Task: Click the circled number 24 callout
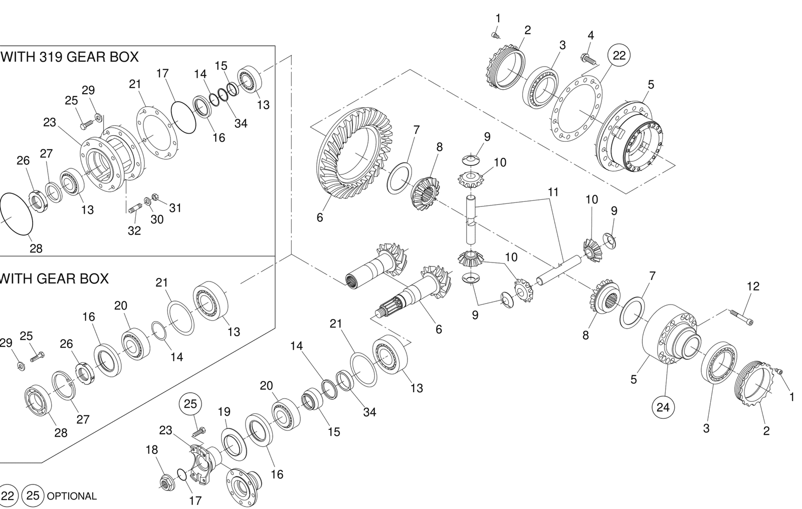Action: [x=663, y=407]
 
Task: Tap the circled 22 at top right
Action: [x=619, y=56]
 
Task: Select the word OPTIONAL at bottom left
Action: [x=71, y=496]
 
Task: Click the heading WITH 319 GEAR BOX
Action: [x=70, y=57]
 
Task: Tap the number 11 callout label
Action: [x=553, y=192]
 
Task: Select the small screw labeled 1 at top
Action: [x=494, y=35]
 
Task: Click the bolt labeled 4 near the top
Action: [x=589, y=60]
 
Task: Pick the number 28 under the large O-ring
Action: [x=36, y=248]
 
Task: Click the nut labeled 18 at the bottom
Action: [x=166, y=483]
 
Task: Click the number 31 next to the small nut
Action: [x=175, y=207]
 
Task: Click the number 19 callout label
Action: [x=224, y=412]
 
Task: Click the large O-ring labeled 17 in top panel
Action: [x=183, y=117]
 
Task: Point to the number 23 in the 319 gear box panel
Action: [x=49, y=122]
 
